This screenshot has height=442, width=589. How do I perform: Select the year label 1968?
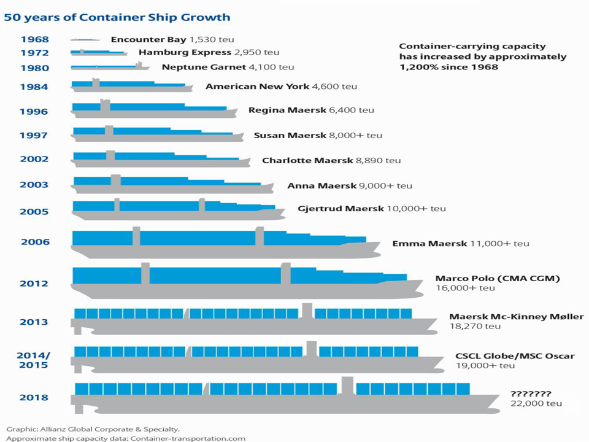point(34,40)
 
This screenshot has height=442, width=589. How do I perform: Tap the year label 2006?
point(35,242)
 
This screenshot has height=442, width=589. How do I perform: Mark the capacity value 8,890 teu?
point(378,161)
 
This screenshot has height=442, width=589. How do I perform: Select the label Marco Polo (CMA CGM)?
point(498,278)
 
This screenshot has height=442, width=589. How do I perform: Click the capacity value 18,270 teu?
point(475,327)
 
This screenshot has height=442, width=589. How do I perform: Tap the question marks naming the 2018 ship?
point(531,394)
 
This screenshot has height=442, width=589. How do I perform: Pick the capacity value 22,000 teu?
point(536,403)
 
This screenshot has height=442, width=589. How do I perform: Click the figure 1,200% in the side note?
point(420,67)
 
